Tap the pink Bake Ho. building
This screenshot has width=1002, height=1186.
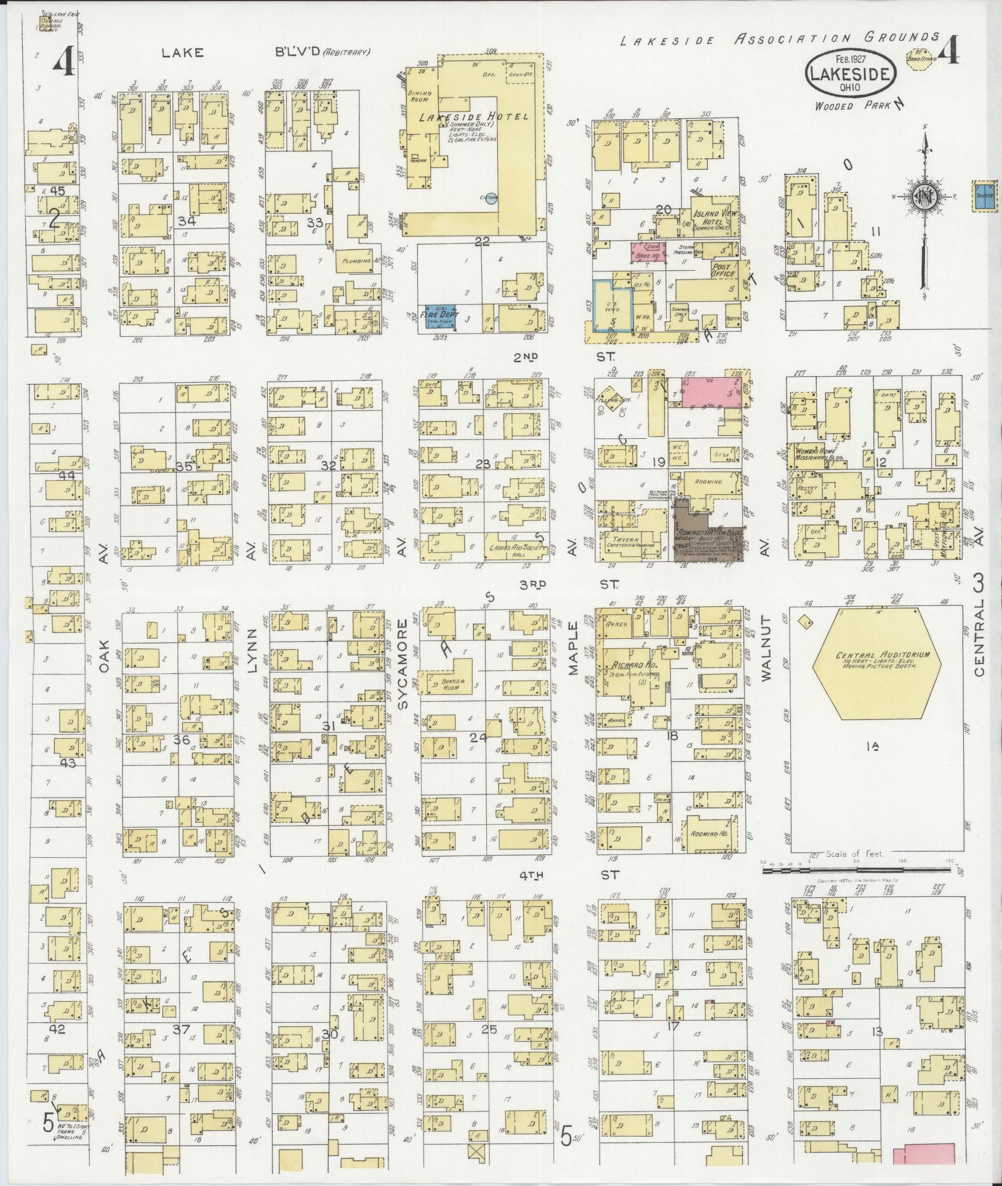(647, 251)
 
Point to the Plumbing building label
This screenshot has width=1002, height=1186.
(356, 261)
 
